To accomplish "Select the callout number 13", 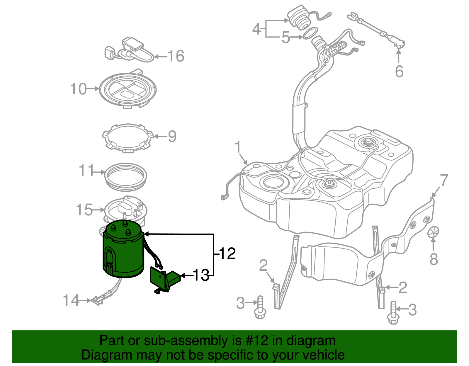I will (201, 275).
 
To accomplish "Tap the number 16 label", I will (176, 56).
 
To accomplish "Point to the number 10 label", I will (79, 89).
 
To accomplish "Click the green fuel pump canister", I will (123, 252).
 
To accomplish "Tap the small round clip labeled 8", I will (433, 232).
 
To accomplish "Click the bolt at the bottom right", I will (392, 314).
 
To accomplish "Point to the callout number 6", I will (399, 71).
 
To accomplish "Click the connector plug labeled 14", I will (97, 300).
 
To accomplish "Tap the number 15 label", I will (84, 210).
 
